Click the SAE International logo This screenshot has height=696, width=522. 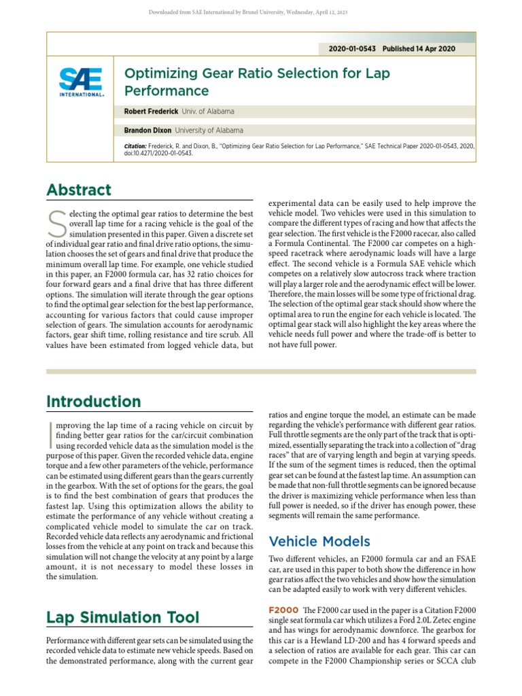point(81,82)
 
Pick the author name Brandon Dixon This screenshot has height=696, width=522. point(147,130)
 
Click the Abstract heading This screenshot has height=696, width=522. point(79,190)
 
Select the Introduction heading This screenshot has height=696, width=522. point(93,402)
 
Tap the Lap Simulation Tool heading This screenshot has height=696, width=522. point(122,616)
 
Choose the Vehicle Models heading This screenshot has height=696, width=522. point(319,541)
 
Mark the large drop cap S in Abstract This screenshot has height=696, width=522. point(56,222)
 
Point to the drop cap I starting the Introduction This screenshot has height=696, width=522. point(50,434)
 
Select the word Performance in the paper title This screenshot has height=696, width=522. point(166,91)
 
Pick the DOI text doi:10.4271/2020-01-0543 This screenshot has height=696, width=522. point(158,154)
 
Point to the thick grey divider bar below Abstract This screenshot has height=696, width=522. point(261,371)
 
